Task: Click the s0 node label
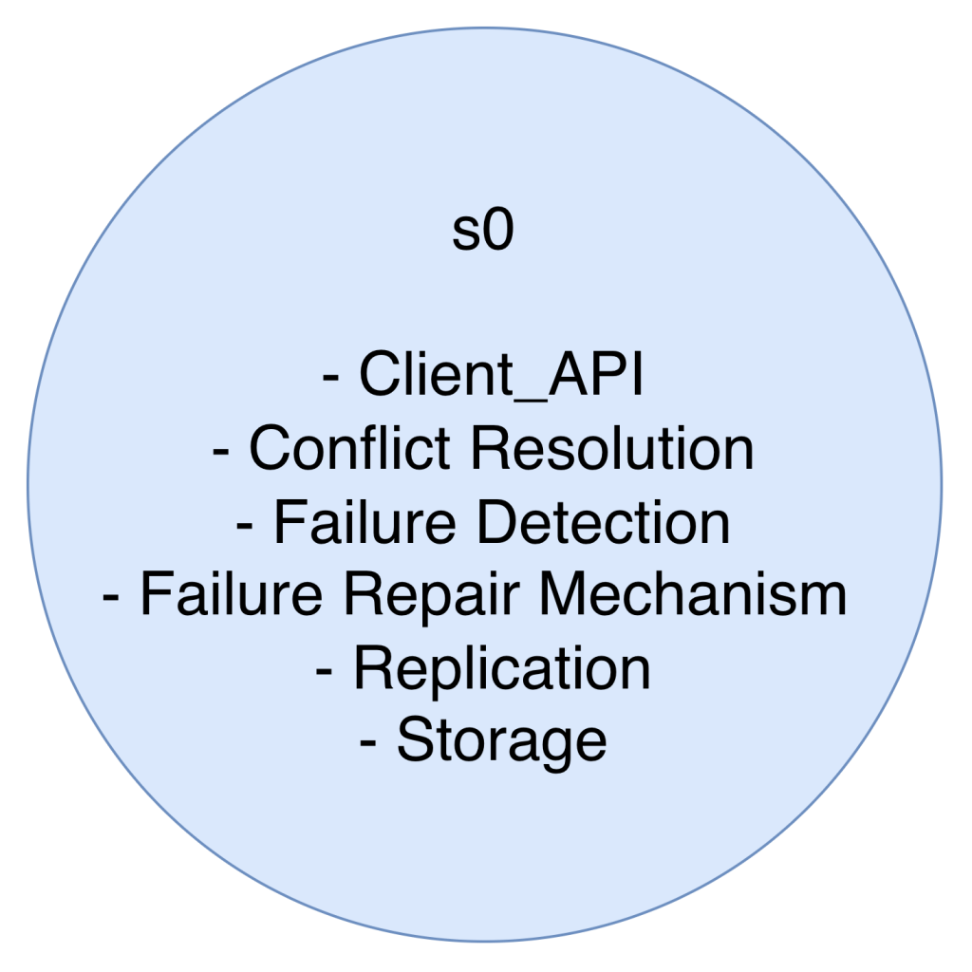point(482,234)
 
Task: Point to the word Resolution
point(612,450)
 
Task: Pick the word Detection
point(603,523)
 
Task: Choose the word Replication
point(502,669)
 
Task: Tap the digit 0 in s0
point(495,234)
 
